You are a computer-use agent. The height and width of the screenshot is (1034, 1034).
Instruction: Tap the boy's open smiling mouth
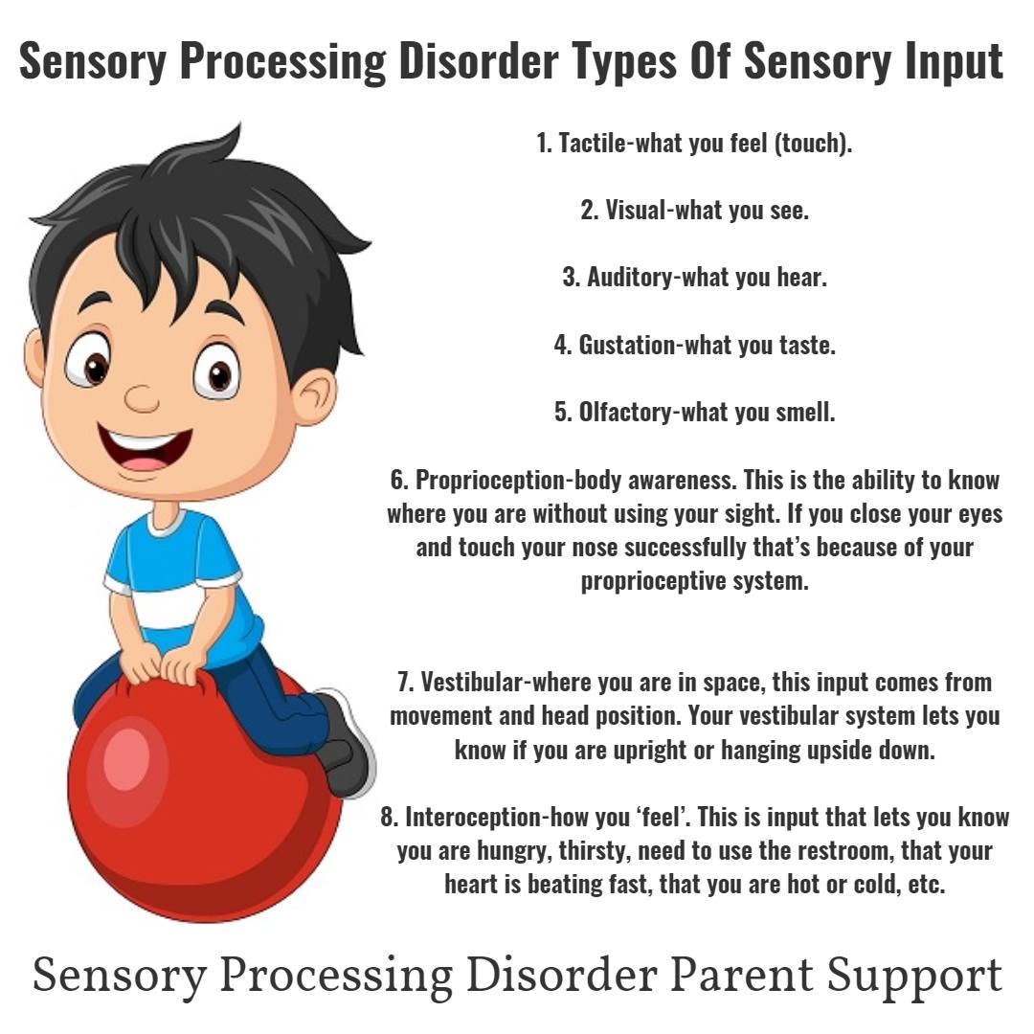tap(146, 450)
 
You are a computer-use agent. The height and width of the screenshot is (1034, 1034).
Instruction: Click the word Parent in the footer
tap(741, 976)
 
